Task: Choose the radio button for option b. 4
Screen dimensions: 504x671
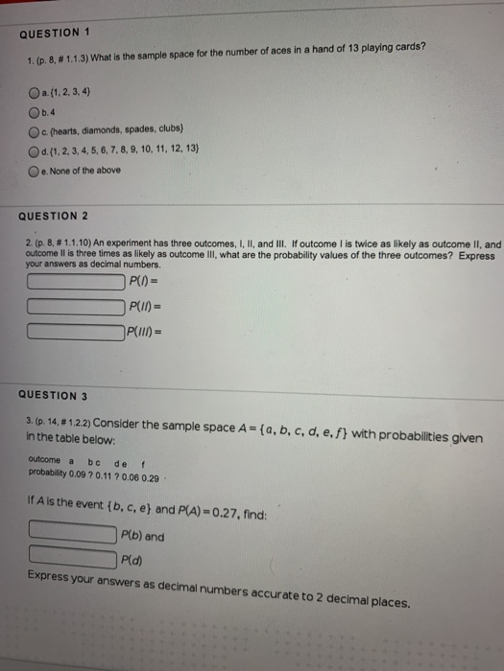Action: [x=34, y=111]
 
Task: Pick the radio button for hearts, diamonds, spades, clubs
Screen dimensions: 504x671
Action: [x=34, y=130]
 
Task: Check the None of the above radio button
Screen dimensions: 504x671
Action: [x=34, y=169]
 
